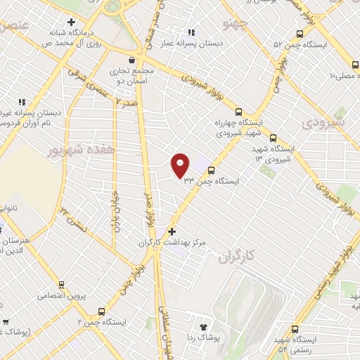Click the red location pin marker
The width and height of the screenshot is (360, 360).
181,165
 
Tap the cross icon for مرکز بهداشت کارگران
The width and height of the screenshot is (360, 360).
172,231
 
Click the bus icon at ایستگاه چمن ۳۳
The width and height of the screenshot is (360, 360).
212,169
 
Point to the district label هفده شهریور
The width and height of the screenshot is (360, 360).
70,150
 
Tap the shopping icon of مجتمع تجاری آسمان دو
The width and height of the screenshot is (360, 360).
131,60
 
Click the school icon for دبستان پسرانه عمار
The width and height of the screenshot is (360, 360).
191,32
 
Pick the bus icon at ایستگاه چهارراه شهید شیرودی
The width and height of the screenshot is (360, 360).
239,111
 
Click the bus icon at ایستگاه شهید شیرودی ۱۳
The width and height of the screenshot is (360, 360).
273,139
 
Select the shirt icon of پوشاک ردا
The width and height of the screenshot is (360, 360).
204,327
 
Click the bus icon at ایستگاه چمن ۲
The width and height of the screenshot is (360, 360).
103,311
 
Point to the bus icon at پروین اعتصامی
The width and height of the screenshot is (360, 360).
62,285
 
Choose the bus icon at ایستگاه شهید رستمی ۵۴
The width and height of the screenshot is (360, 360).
295,329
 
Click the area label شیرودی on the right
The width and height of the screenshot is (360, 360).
324,122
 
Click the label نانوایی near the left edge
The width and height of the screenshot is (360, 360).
13,208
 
